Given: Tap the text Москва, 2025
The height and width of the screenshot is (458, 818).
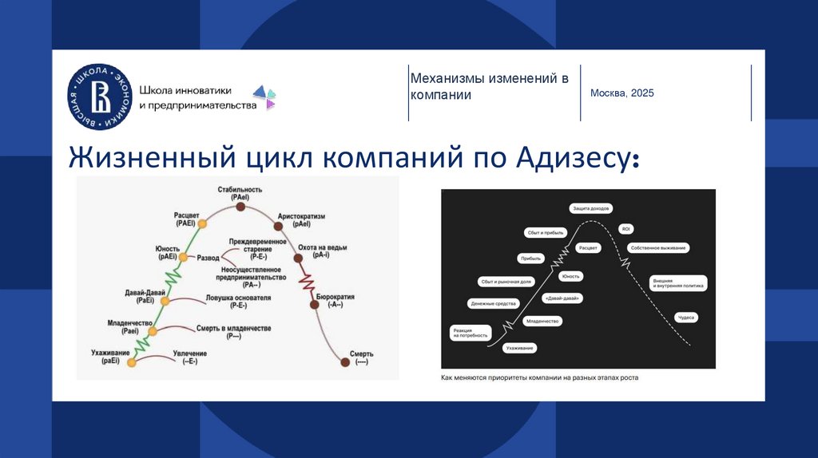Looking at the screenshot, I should click(621, 93).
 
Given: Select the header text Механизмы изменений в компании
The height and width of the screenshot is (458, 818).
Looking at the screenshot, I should click(489, 86).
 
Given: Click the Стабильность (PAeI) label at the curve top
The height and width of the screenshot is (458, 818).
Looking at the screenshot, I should click(240, 192).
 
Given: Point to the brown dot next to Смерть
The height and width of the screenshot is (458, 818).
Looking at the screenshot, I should click(345, 361).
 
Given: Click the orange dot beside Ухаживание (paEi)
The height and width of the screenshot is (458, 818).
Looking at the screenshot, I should click(133, 362).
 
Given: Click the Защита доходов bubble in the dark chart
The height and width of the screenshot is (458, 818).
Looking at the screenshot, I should click(591, 208).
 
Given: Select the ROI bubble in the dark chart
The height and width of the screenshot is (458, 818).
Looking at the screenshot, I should click(625, 228).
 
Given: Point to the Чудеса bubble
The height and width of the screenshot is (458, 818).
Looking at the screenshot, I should click(687, 317).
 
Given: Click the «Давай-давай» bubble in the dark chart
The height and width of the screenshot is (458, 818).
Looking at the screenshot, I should click(561, 298).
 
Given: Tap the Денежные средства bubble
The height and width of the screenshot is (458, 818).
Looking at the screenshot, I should click(494, 303).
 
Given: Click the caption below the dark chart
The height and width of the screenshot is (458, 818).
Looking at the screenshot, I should click(540, 377).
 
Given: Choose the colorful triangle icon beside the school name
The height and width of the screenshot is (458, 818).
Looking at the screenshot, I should click(269, 97).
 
